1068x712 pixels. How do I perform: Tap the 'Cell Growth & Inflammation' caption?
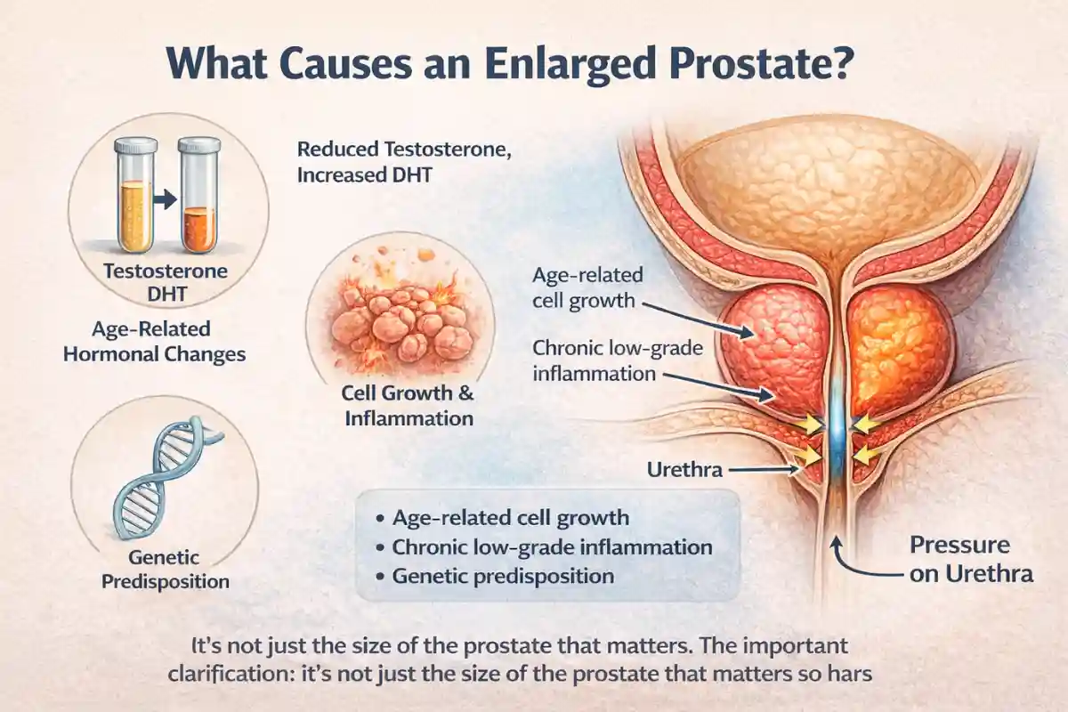click(407, 404)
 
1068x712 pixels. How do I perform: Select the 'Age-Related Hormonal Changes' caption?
click(169, 341)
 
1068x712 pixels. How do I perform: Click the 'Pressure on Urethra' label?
click(970, 559)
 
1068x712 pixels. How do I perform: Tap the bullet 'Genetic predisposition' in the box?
click(502, 576)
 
